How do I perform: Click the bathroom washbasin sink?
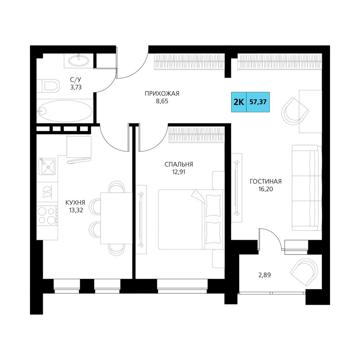click(78, 60)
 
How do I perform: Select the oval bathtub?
click(66, 111)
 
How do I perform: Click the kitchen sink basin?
click(47, 166)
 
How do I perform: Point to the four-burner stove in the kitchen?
click(47, 216)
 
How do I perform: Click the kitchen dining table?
click(116, 218)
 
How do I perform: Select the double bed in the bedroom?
click(191, 219)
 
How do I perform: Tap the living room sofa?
click(306, 188)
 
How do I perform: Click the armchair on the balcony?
click(304, 272)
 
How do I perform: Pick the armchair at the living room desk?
click(295, 111)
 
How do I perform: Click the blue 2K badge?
click(239, 102)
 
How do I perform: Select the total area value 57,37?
click(258, 102)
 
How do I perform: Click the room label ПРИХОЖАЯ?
click(162, 94)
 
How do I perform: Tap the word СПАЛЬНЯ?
click(179, 165)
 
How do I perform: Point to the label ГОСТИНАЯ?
click(266, 181)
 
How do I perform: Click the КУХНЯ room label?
click(75, 202)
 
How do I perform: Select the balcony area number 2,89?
click(265, 275)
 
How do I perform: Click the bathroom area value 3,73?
click(76, 87)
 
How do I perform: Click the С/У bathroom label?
click(76, 80)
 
